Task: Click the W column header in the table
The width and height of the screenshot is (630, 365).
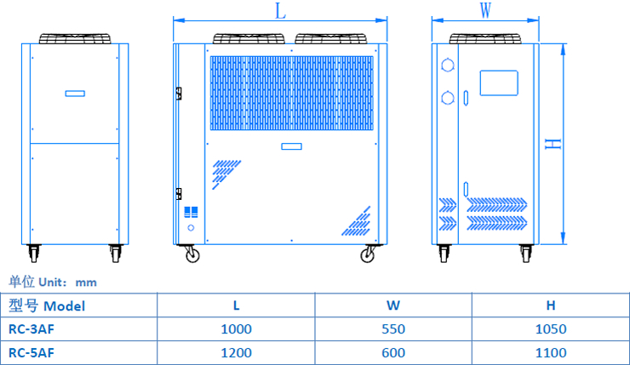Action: [x=393, y=305]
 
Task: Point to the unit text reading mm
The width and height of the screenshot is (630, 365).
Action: [x=86, y=282]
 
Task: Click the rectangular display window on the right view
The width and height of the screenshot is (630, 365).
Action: [x=499, y=82]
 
